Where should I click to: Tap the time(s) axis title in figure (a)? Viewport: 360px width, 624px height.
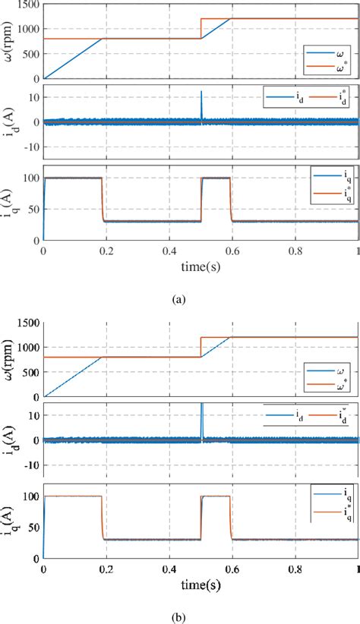tap(201, 267)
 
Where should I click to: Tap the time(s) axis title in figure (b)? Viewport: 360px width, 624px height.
tap(201, 587)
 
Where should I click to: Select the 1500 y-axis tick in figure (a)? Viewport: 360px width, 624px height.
tap(29, 5)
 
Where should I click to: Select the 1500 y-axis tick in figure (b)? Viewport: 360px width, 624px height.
tap(29, 323)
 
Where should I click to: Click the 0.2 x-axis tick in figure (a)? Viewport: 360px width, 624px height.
tap(106, 251)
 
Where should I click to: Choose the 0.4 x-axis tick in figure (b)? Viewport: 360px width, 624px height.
tap(169, 570)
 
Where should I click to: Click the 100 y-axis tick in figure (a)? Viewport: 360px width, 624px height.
tap(31, 178)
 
